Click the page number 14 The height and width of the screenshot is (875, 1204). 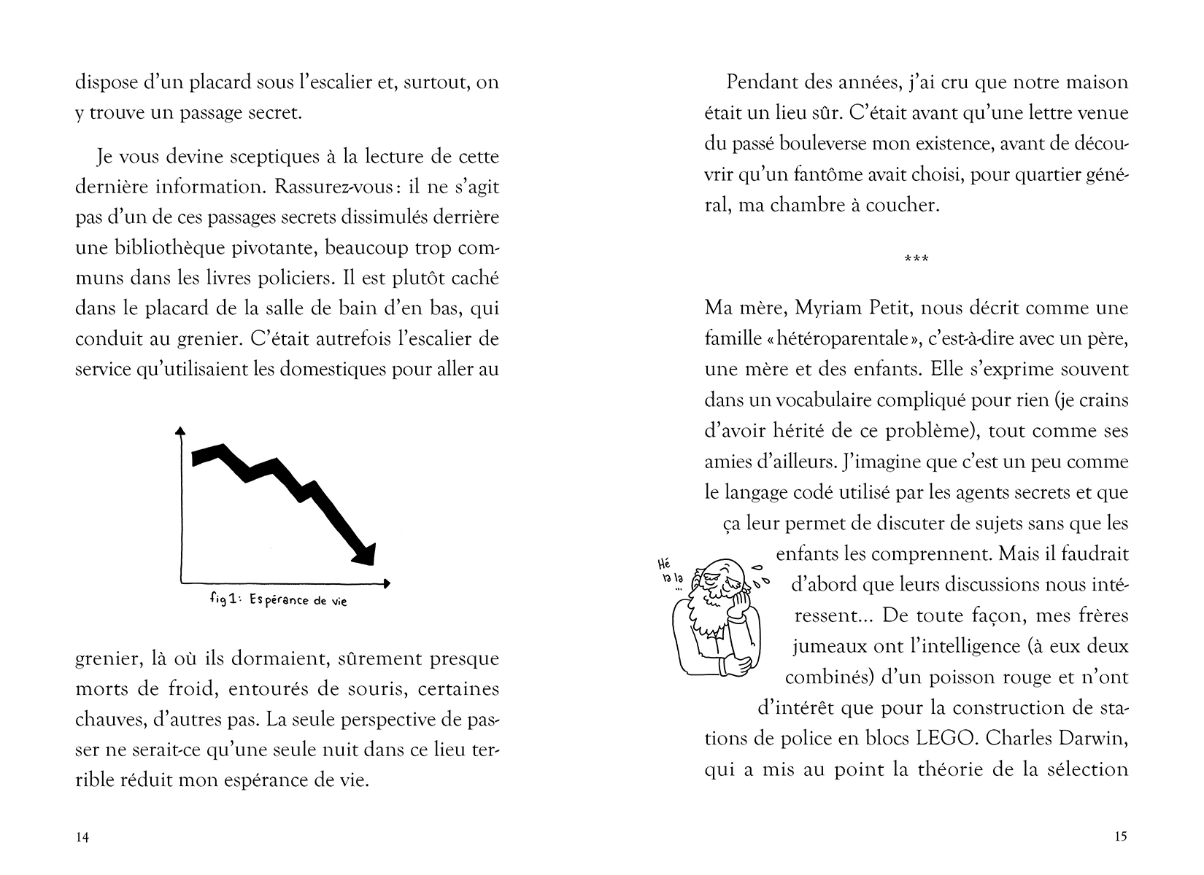(82, 837)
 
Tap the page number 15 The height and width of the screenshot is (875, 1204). (1122, 836)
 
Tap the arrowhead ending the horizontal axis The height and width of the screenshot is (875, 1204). (386, 583)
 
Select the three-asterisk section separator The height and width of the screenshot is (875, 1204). (916, 259)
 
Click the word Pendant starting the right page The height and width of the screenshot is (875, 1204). (760, 82)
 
